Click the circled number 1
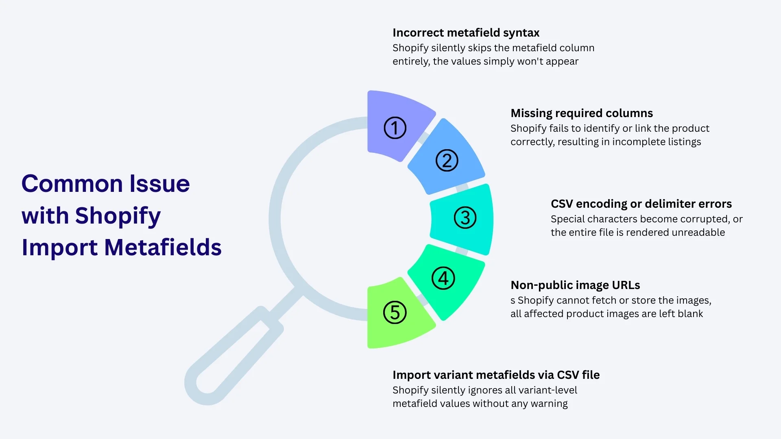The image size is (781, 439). pos(395,128)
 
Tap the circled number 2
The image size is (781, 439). pos(447,161)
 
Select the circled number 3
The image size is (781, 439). pos(465,217)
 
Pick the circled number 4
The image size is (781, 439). pos(443,278)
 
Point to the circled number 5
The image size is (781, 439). pos(395,313)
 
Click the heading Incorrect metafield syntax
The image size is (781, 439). pos(466,33)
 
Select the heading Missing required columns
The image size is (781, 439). pos(581,113)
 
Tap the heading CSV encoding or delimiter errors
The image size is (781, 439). pos(641,204)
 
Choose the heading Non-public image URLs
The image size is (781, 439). pos(575,285)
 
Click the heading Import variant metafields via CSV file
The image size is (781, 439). pos(496,375)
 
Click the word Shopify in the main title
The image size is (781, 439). pos(118,216)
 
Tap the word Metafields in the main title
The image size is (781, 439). pos(163,248)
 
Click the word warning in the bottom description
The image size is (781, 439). pos(549,404)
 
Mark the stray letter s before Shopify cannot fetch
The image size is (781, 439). pos(513,301)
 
